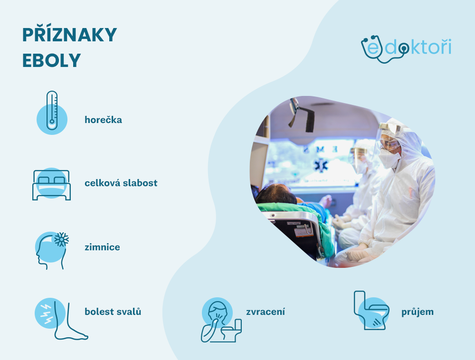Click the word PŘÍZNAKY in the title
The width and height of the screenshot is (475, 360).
coord(69,36)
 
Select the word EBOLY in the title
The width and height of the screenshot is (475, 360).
coord(51,61)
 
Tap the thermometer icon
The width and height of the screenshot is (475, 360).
coord(52,111)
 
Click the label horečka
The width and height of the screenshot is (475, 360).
coord(103,120)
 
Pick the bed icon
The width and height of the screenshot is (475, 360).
coord(51,184)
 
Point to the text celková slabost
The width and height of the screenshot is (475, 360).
coord(121,183)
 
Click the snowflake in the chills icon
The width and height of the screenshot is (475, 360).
coord(61,239)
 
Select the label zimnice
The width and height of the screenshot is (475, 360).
coord(102,247)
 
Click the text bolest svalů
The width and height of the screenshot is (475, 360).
coord(113,312)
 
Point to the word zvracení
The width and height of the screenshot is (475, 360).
coord(266,312)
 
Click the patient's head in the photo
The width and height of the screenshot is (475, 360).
coord(276,194)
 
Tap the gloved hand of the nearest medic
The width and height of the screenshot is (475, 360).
coord(356,254)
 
